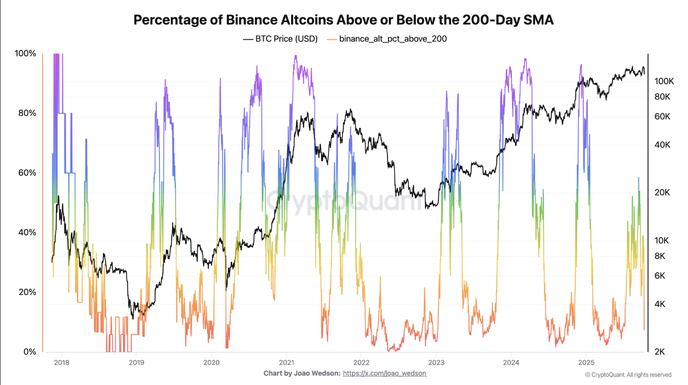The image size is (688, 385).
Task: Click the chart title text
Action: (x=344, y=20)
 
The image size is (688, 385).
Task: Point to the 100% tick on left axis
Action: (x=25, y=53)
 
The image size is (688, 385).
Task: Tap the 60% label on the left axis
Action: (x=27, y=173)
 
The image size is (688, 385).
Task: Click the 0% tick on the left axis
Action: (x=30, y=352)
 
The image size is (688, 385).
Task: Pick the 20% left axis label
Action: (x=27, y=292)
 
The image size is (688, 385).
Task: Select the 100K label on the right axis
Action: (x=664, y=81)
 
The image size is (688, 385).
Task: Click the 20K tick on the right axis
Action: (x=662, y=192)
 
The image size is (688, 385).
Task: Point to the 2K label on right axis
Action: (x=660, y=352)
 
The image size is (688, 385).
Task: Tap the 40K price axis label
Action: (x=662, y=145)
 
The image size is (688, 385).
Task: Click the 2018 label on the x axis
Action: (x=61, y=362)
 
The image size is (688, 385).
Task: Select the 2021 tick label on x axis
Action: (x=286, y=362)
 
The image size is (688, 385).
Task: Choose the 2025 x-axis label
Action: (x=586, y=362)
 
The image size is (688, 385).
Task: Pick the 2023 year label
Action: (x=436, y=362)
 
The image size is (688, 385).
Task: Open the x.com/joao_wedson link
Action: (x=385, y=373)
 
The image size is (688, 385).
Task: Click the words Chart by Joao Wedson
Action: (x=302, y=373)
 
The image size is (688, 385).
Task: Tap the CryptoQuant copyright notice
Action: (x=628, y=375)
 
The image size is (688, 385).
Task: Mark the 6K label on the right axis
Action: (x=660, y=276)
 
